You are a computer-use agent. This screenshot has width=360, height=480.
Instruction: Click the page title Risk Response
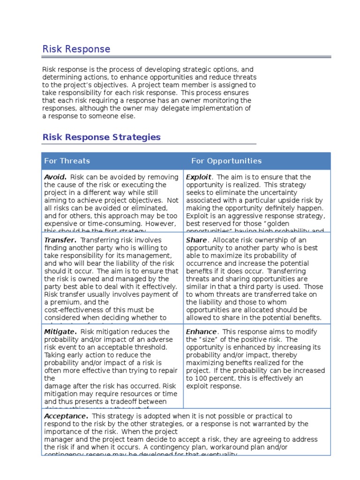coord(76,49)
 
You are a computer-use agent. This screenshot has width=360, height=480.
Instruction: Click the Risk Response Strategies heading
coord(101,137)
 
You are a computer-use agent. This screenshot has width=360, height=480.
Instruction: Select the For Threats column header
coord(67,161)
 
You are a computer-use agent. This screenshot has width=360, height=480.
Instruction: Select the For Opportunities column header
coord(226,161)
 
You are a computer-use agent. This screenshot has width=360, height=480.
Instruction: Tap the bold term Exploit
coord(199,177)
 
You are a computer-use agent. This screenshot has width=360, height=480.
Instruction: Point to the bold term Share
coord(196,240)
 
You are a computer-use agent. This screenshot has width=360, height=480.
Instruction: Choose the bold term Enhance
coord(201,332)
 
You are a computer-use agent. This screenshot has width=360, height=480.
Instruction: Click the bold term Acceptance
coord(66,416)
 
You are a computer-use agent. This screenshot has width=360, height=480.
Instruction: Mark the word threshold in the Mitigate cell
coord(151,347)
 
